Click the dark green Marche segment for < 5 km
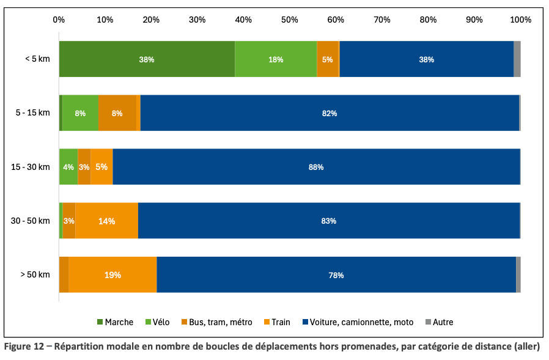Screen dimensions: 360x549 [147, 59]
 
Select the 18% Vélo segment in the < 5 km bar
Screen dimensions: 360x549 [276, 59]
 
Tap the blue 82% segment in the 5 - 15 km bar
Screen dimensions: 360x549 [330, 113]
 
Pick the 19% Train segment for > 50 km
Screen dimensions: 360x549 [112, 275]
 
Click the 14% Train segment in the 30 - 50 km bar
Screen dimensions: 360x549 [106, 221]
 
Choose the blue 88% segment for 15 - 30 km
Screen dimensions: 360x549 [316, 167]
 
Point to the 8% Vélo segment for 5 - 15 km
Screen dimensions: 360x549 [80, 113]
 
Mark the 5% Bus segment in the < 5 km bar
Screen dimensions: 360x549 [327, 59]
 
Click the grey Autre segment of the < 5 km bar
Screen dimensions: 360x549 [517, 59]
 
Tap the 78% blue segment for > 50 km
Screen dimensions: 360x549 [336, 275]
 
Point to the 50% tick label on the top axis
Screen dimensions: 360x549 [289, 20]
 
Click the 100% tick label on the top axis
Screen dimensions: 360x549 [520, 20]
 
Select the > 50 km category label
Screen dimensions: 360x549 [35, 275]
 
